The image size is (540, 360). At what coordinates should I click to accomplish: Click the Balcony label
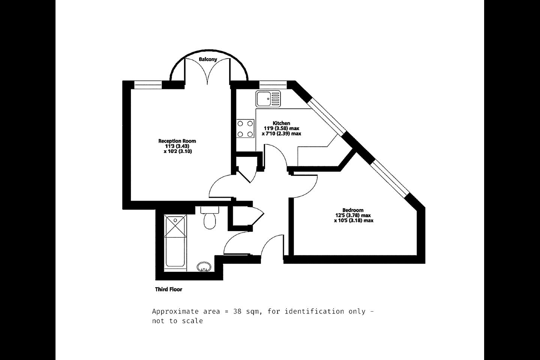click(208, 59)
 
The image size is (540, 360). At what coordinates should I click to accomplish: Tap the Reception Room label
click(177, 141)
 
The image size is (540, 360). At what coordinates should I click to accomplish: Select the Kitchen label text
click(281, 123)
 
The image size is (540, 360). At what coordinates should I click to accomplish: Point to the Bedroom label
click(353, 210)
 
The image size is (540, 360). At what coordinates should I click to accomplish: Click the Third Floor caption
click(168, 289)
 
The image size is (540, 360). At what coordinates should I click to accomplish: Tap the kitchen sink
click(268, 99)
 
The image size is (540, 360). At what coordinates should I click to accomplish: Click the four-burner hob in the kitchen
click(245, 129)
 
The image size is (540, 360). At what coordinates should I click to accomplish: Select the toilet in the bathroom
click(210, 217)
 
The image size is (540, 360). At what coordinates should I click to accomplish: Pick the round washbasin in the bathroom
click(204, 267)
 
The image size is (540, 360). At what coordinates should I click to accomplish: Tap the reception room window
click(148, 85)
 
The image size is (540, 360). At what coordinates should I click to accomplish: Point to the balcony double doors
click(207, 72)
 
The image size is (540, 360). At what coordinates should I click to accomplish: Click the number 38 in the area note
click(237, 311)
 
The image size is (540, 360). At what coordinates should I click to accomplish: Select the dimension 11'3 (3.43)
click(177, 146)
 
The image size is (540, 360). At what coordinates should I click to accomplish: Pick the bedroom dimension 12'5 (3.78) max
click(353, 215)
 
